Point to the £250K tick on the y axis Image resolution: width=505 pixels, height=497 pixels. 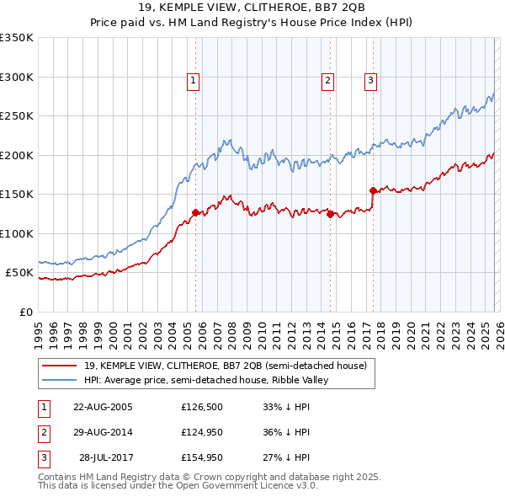click(x=18, y=116)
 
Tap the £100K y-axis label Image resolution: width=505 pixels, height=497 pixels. click(x=18, y=233)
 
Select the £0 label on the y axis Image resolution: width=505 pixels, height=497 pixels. click(x=26, y=312)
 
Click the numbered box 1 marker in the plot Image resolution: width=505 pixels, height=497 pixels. click(x=194, y=81)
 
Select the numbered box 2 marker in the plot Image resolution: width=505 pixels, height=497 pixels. click(x=327, y=81)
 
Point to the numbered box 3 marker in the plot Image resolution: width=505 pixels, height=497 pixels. click(x=370, y=81)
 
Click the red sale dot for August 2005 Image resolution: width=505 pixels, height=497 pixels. click(x=195, y=213)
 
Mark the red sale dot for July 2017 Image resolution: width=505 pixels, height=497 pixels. click(x=372, y=190)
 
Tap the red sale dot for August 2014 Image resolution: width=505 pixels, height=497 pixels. click(x=330, y=214)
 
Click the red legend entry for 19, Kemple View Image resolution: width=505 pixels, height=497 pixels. click(x=225, y=366)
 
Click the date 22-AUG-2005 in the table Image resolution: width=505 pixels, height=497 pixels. click(x=103, y=407)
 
